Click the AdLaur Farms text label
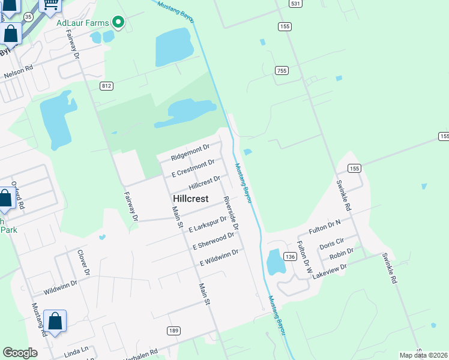(x=82, y=23)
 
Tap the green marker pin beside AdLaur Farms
(x=118, y=23)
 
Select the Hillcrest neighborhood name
(x=190, y=199)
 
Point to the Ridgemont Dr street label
(x=190, y=152)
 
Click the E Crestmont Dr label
(x=193, y=167)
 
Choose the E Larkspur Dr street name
(x=208, y=224)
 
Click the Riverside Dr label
(x=231, y=214)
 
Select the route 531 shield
(x=294, y=4)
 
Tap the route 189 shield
(x=174, y=331)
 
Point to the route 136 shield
(x=291, y=257)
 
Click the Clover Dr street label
(x=84, y=263)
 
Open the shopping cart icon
(x=50, y=5)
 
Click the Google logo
(x=20, y=353)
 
